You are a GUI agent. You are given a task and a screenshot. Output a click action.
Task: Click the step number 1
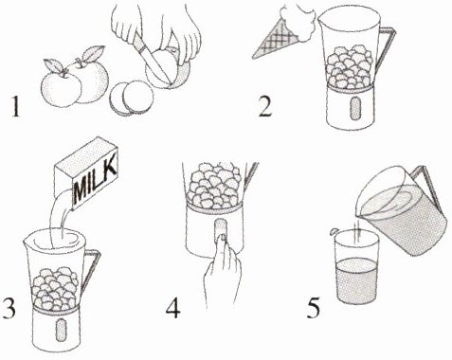15,106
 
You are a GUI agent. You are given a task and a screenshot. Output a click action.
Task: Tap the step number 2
264,106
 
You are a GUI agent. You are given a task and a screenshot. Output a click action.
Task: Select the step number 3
8,308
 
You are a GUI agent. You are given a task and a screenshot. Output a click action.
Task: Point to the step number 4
173,308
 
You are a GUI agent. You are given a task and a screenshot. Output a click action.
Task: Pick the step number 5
313,308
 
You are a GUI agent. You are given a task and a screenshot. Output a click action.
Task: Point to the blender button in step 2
355,108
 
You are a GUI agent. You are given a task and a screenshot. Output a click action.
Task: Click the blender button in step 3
60,330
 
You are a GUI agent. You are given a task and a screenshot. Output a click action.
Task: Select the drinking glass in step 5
356,267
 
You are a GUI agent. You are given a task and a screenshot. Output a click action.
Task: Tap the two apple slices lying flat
131,98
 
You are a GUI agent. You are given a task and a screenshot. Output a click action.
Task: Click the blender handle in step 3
92,272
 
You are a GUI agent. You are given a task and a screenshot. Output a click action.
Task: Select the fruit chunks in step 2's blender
350,67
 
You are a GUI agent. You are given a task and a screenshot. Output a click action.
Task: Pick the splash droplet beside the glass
334,231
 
